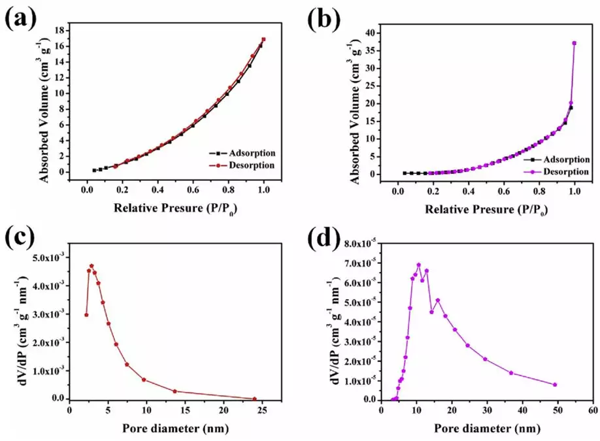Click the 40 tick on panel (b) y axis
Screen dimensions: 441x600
click(372, 33)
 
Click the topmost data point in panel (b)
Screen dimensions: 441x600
click(575, 43)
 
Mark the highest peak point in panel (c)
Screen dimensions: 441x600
click(92, 266)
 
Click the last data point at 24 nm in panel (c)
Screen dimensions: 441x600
click(254, 399)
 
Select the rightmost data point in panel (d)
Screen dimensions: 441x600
click(555, 385)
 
